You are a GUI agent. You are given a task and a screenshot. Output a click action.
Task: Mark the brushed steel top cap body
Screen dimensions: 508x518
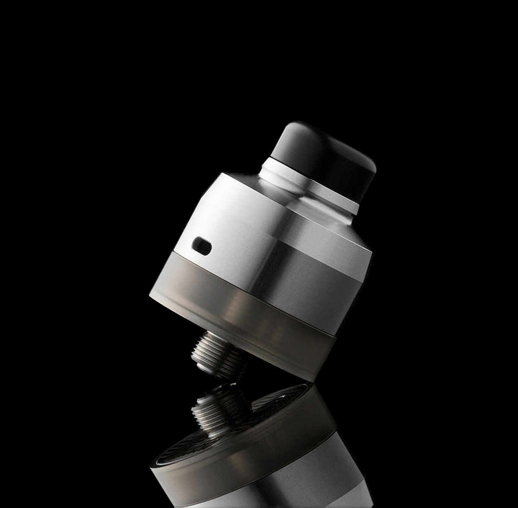(276, 242)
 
